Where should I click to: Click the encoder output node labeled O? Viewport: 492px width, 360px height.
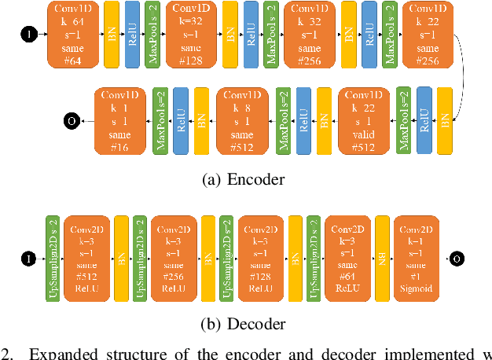coord(72,121)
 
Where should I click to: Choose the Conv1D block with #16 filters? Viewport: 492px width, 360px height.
coord(121,121)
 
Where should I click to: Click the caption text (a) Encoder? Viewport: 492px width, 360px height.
coord(243,179)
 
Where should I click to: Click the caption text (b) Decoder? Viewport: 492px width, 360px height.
coord(243,323)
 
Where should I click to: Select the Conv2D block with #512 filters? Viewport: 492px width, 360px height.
coord(86,258)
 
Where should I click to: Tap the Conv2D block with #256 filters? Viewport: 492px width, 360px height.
coord(172,258)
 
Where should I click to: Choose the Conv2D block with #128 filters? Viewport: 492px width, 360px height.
coord(260,258)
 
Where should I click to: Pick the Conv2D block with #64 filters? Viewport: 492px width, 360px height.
coord(347,258)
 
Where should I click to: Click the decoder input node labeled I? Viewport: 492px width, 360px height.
coord(29,258)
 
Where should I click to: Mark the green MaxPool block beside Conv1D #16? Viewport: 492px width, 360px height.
coord(160,121)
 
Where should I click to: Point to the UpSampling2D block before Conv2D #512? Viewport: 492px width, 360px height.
coord(53,258)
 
